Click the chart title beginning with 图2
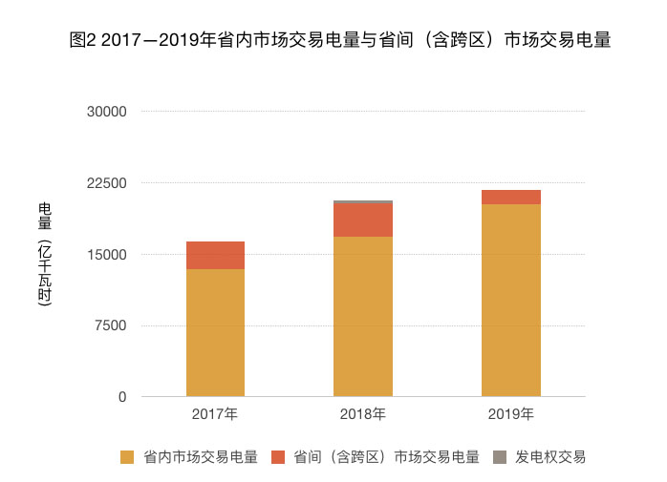340,41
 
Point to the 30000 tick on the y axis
107,112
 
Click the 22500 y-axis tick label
107,183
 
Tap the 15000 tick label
107,255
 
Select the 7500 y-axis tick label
111,326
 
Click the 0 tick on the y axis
122,397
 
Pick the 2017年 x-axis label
215,415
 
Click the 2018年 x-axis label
363,415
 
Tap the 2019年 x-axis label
510,415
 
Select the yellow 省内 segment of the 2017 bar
215,332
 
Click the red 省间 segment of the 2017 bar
215,256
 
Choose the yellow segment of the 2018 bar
363,316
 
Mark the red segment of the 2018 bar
363,220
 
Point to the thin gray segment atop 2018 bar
363,202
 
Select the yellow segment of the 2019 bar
510,300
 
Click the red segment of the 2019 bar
510,198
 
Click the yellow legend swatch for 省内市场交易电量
127,457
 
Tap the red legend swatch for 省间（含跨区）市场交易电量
278,457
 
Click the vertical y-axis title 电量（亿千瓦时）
45,255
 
